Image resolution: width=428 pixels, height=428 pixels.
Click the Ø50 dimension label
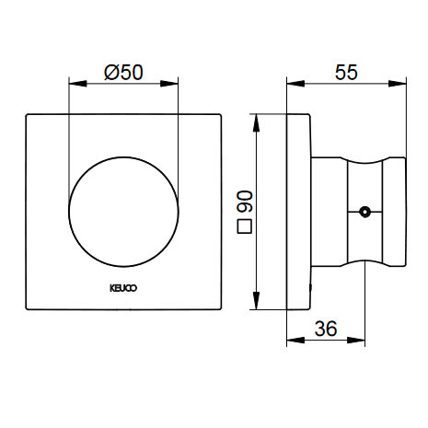pos(123,73)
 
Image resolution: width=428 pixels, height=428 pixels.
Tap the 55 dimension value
pos(346,73)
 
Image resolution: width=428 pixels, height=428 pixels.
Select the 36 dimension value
pos(326,329)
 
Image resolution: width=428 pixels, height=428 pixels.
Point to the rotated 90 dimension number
pos(245,202)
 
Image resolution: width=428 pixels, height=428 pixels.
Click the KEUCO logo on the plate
pos(123,288)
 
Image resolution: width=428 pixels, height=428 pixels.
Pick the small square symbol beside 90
pos(245,226)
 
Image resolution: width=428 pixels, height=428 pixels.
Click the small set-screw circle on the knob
pos(364,212)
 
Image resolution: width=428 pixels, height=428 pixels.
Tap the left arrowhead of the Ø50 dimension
pos(77,84)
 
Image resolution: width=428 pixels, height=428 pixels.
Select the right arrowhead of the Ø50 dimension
pos(169,84)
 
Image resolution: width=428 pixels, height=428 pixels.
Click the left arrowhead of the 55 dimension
pos(295,84)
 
